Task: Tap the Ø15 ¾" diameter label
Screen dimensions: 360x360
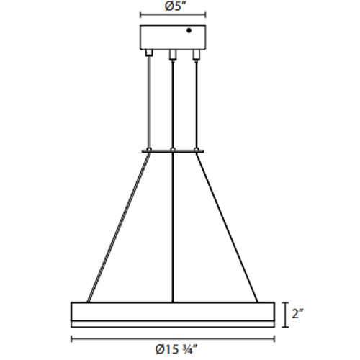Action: coord(172,350)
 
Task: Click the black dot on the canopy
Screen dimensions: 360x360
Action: coord(189,30)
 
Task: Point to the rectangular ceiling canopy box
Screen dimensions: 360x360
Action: coord(172,37)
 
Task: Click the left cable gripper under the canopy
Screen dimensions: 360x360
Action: coord(149,54)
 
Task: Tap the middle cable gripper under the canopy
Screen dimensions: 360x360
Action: coord(172,54)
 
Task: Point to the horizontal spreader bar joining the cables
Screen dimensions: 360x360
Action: coord(172,150)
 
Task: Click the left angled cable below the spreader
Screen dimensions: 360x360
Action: coord(119,227)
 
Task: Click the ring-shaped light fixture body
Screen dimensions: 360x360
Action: coord(172,313)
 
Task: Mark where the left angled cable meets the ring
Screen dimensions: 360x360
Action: coord(89,302)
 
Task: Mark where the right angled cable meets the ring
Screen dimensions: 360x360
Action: coord(256,302)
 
